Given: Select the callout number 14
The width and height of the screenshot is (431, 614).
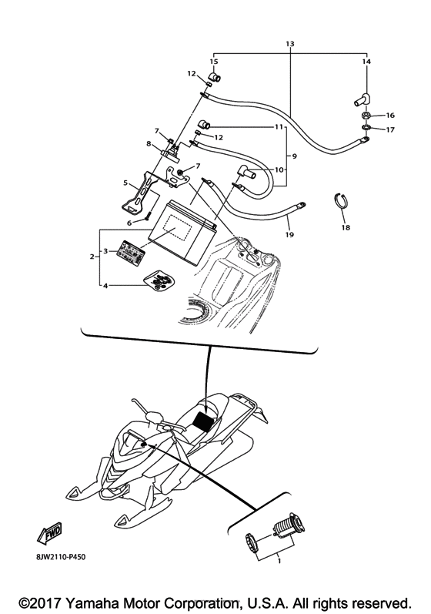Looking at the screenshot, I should pos(366,61).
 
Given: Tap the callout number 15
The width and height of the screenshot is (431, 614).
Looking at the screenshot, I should pos(214,61).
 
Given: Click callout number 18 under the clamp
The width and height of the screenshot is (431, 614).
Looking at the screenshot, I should pos(345,229).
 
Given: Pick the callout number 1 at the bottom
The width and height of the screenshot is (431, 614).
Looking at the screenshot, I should pos(269,562).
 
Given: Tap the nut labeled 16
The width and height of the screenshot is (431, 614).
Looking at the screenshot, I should pos(364,116).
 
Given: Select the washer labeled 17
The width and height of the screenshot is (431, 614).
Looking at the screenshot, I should pos(364,129).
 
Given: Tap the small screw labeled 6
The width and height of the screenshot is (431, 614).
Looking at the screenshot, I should pos(144,219).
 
